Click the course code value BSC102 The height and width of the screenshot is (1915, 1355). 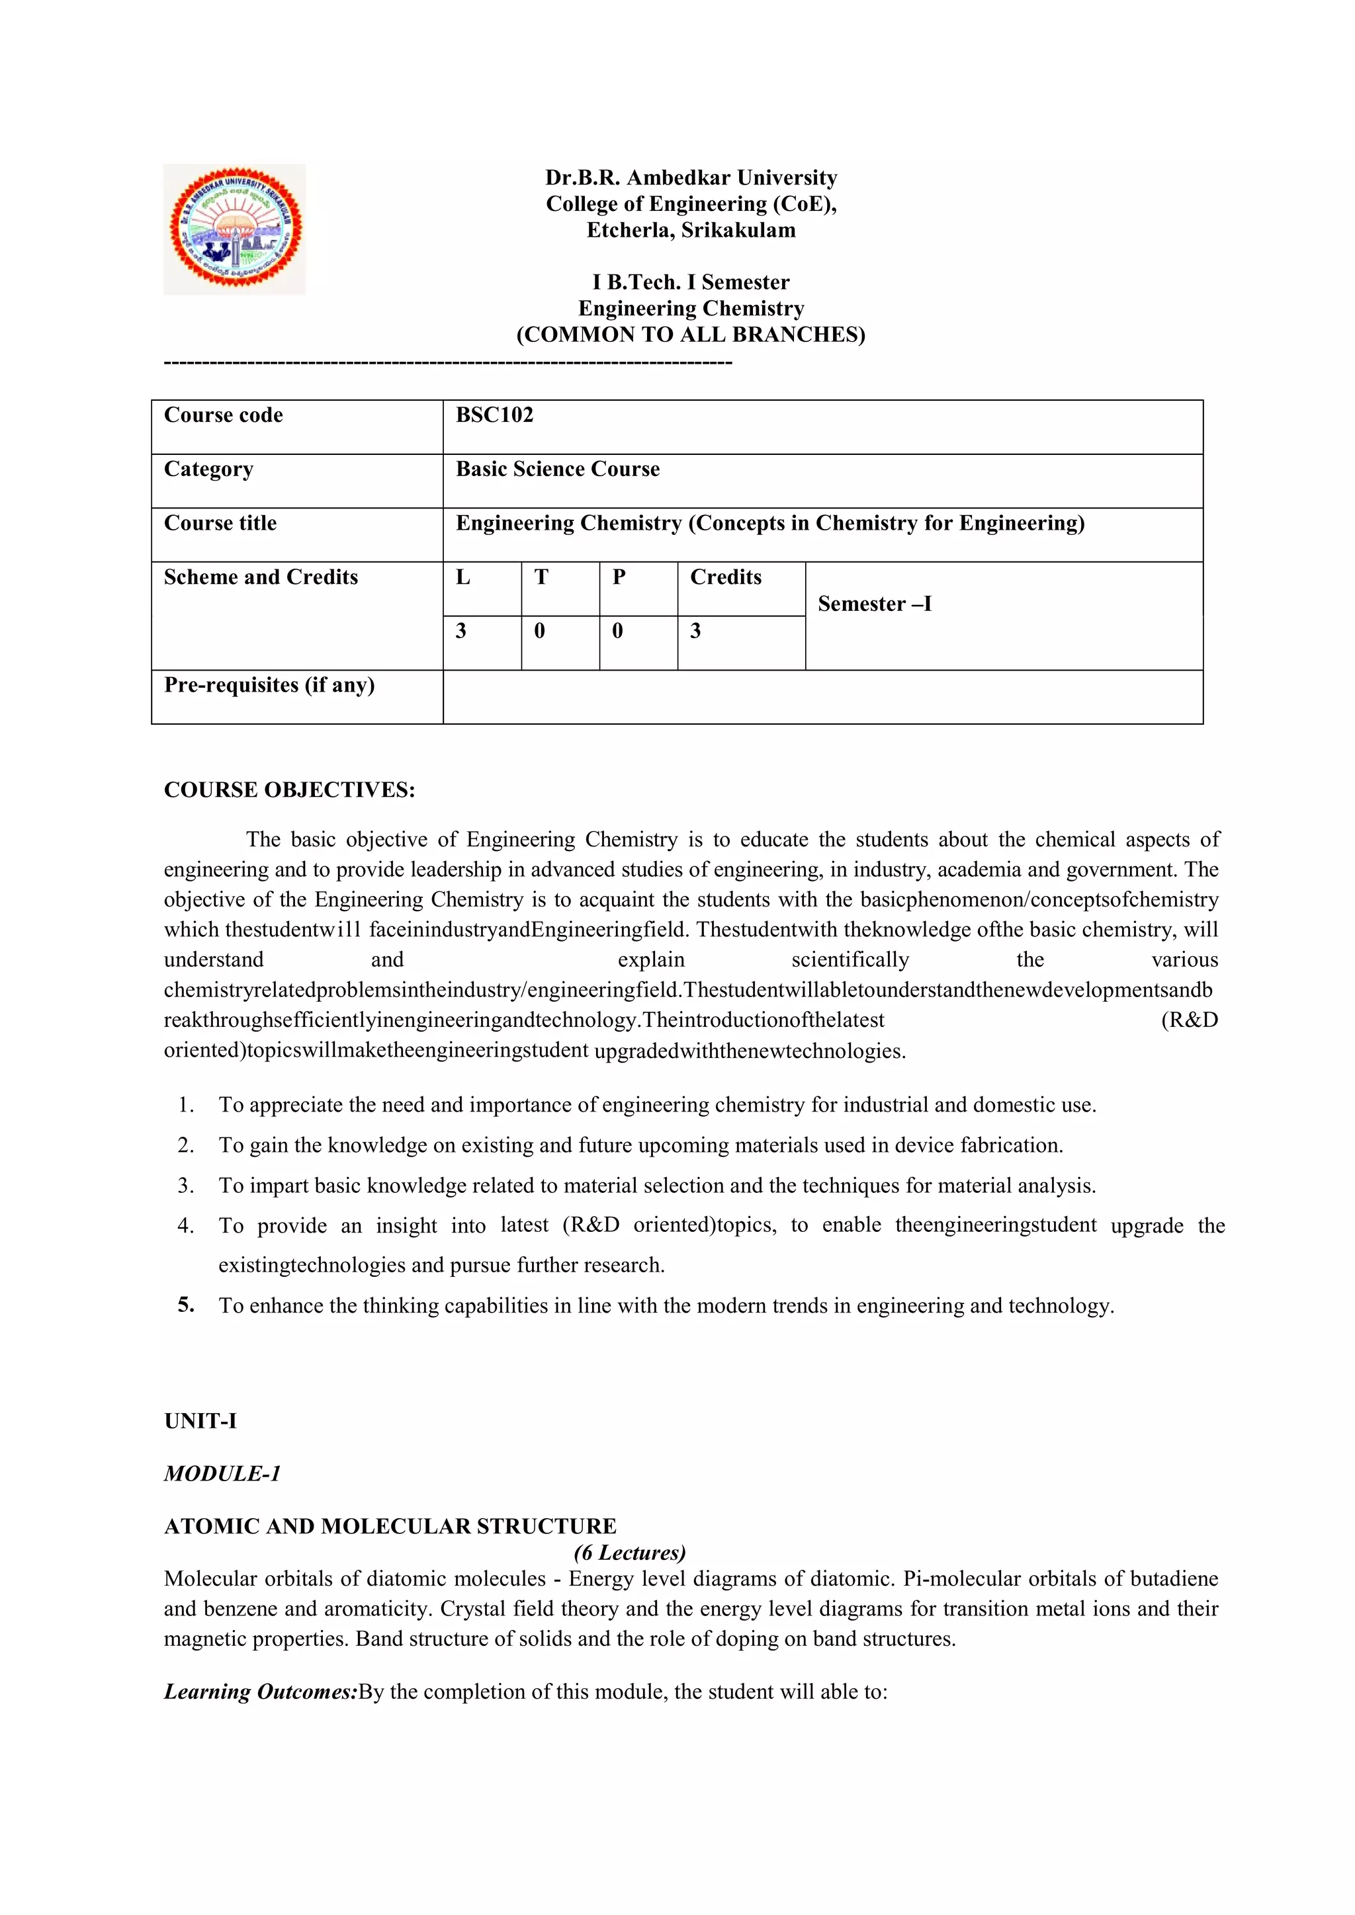coord(494,415)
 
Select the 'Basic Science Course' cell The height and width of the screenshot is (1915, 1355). coord(557,469)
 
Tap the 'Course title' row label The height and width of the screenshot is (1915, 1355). coord(220,523)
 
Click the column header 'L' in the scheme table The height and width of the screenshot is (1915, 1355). coord(463,577)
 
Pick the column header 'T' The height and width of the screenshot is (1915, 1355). coord(541,577)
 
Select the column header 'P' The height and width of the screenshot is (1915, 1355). coord(619,577)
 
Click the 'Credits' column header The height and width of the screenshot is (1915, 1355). coord(725,577)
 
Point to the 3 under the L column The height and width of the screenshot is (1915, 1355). coord(461,632)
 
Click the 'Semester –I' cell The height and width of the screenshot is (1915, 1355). coord(875,604)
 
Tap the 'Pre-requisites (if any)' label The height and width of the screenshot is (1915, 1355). coord(269,686)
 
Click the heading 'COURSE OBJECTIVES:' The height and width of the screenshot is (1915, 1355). coord(288,790)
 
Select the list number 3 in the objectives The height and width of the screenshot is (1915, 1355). coord(185,1185)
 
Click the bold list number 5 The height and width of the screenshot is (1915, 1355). coord(185,1305)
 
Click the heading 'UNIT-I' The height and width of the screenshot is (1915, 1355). coord(200,1421)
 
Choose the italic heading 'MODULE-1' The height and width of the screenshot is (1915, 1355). coord(222,1474)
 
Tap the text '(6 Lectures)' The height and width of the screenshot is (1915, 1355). coord(629,1552)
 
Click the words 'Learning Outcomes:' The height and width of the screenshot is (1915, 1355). coord(260,1691)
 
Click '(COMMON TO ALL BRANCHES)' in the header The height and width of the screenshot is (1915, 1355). coord(691,335)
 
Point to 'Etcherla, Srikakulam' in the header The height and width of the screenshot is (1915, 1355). coord(691,230)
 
